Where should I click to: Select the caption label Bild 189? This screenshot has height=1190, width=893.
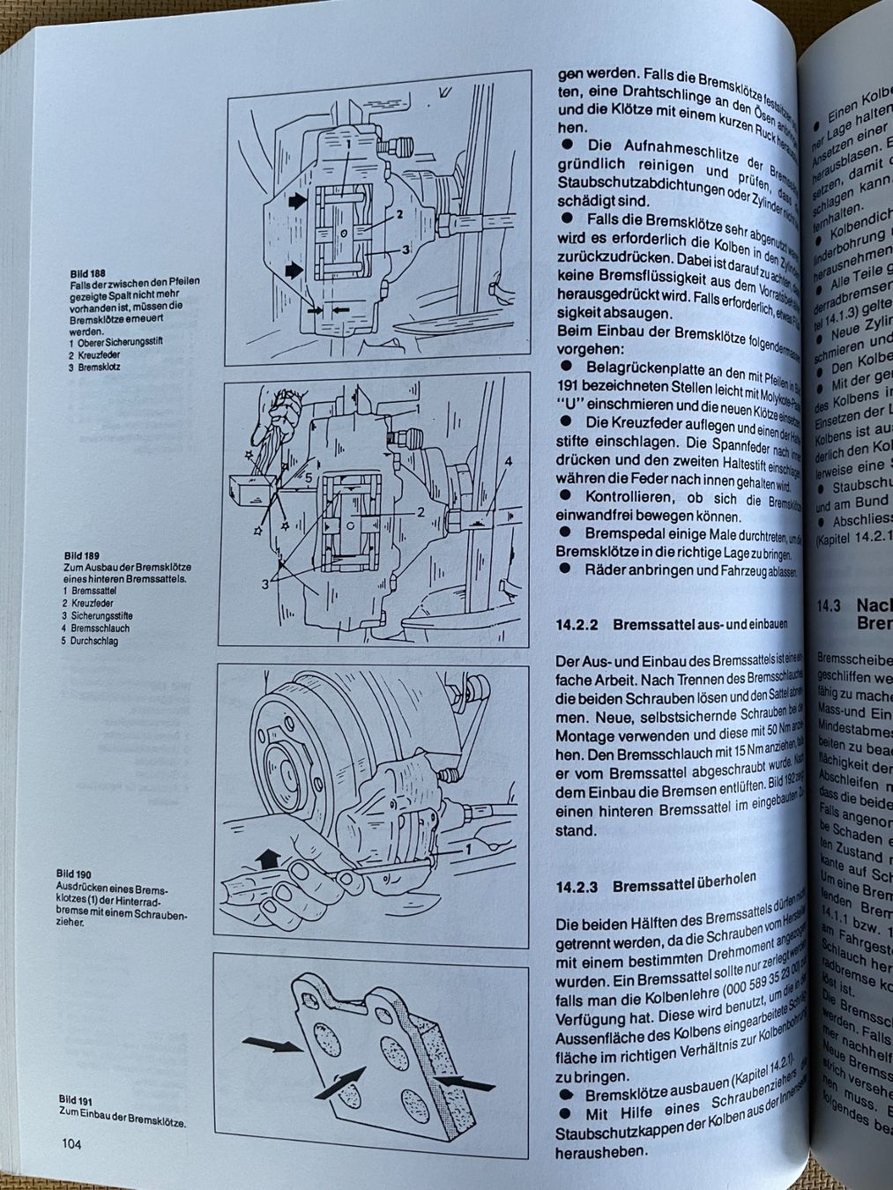[x=80, y=555]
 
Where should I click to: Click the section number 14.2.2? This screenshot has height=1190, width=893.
[x=577, y=623]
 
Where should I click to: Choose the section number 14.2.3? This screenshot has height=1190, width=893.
[x=577, y=887]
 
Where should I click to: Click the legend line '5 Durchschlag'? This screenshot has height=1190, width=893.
[x=93, y=641]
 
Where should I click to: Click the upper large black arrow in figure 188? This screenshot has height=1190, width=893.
[x=299, y=201]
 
